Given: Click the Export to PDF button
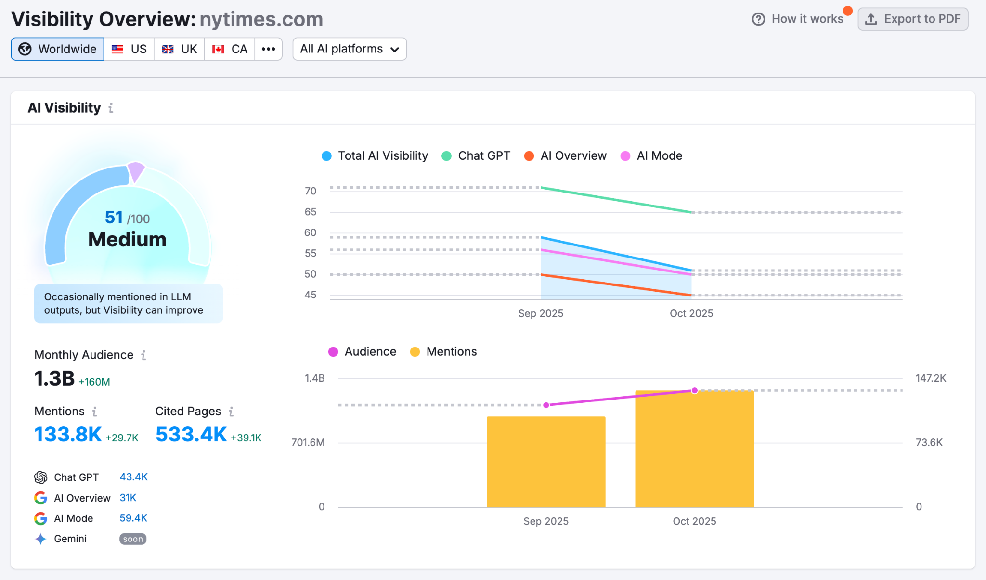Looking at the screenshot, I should [913, 19].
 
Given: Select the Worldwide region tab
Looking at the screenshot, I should [57, 49].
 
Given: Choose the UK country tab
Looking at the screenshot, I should [179, 49].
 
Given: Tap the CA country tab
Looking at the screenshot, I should [230, 49].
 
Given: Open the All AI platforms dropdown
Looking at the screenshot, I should [350, 49].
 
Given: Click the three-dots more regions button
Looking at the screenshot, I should [268, 49].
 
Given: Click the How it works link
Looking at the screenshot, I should [798, 19].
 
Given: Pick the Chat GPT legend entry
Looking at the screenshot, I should [476, 156].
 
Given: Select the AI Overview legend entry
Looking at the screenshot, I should [565, 156].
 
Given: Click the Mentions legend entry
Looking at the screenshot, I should [443, 352].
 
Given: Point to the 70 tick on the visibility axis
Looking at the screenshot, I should [311, 191].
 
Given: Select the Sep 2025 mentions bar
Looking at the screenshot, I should [546, 462].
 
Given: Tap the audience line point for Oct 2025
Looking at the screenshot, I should [694, 391].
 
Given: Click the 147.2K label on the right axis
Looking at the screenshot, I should [931, 378].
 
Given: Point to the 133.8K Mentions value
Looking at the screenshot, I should [68, 435].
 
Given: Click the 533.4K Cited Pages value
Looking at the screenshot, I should [191, 435].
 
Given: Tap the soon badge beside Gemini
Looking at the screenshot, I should [133, 539].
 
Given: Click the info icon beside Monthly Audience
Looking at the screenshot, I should [143, 355].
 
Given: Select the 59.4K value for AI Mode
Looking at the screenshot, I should [133, 518].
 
